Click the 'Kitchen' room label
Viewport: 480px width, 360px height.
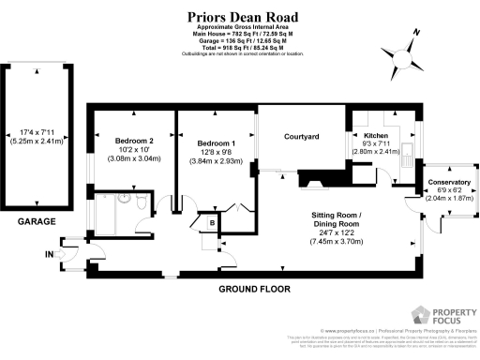click(x=376, y=136)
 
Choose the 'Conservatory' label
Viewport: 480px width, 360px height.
click(x=449, y=181)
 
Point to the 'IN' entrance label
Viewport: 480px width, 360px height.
click(x=48, y=252)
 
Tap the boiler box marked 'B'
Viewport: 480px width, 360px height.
click(x=213, y=222)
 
